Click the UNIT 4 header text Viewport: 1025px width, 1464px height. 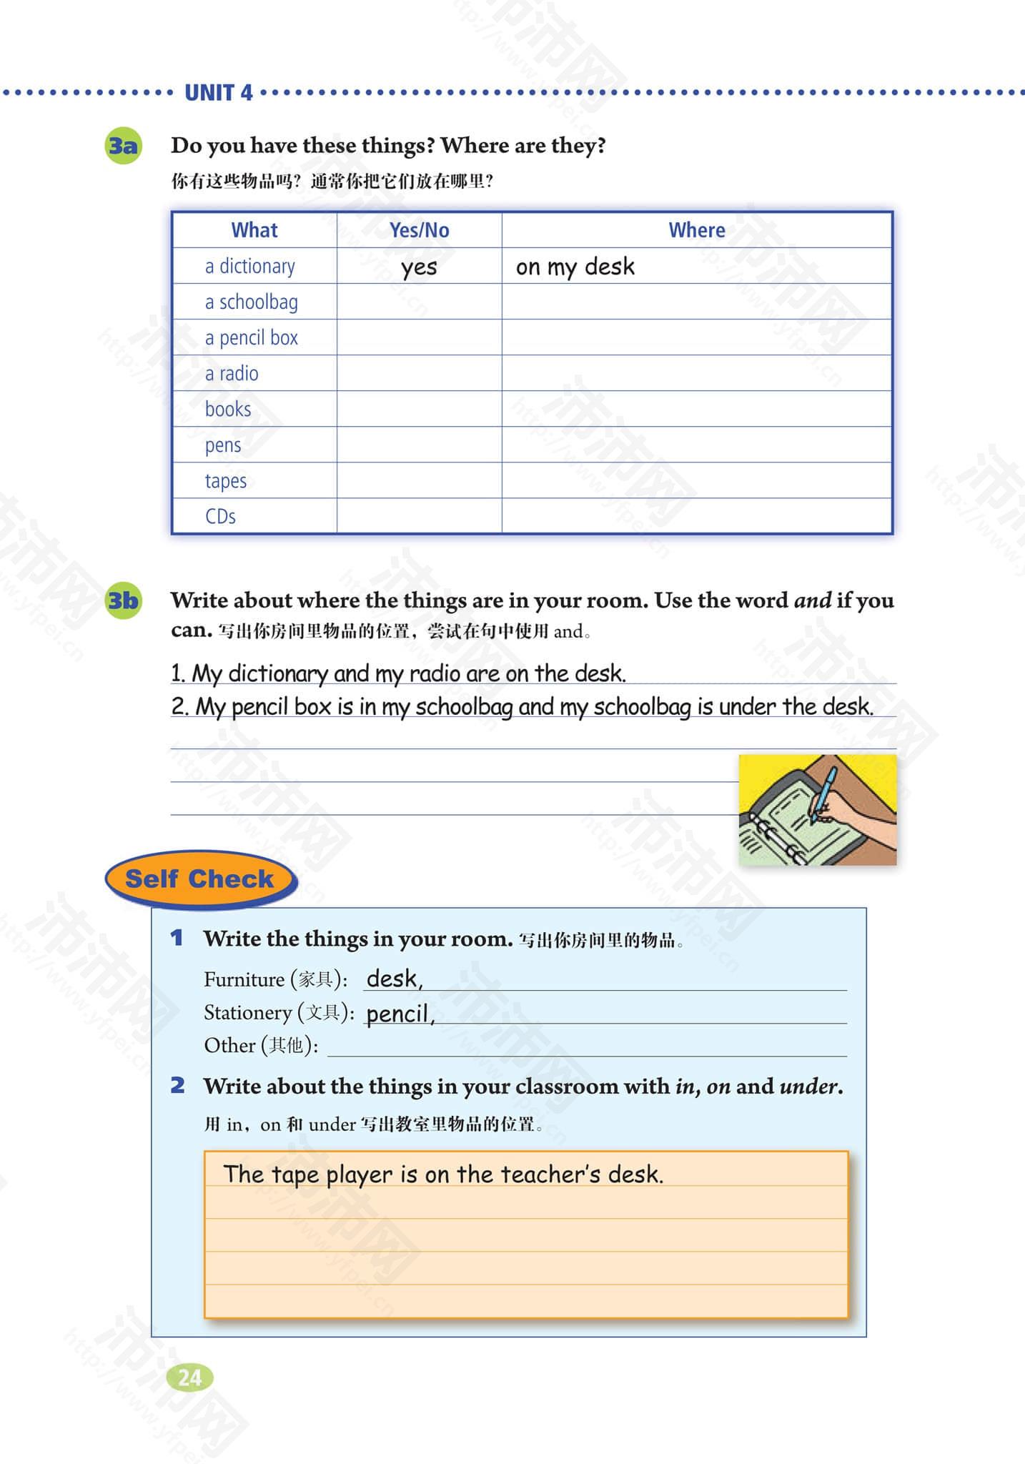point(218,93)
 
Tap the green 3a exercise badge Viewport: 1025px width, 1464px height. point(123,146)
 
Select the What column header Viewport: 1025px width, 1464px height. point(254,230)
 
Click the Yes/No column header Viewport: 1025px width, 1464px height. point(419,230)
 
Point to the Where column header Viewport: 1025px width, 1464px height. point(696,230)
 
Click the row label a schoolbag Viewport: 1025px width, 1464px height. point(251,302)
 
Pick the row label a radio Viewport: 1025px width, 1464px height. point(231,374)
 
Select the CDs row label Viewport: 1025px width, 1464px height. point(220,516)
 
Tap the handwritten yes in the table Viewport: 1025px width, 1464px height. point(419,267)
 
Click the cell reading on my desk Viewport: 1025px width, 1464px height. point(575,267)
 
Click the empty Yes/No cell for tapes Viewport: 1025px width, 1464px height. point(419,480)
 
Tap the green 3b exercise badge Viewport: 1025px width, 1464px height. point(123,600)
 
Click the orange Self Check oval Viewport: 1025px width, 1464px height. point(200,879)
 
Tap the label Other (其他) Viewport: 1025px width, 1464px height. point(261,1046)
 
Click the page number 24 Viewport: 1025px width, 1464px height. point(190,1378)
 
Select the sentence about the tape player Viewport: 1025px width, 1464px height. point(443,1174)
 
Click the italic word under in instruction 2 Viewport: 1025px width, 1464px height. point(808,1087)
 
